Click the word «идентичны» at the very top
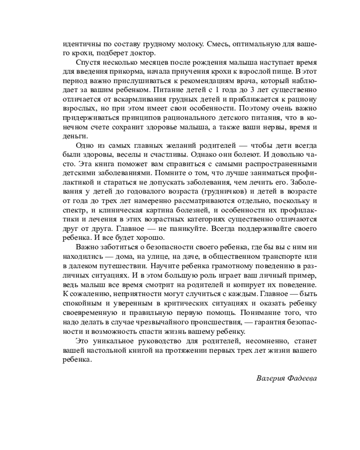79,44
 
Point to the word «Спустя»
88,62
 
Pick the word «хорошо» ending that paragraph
152,238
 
